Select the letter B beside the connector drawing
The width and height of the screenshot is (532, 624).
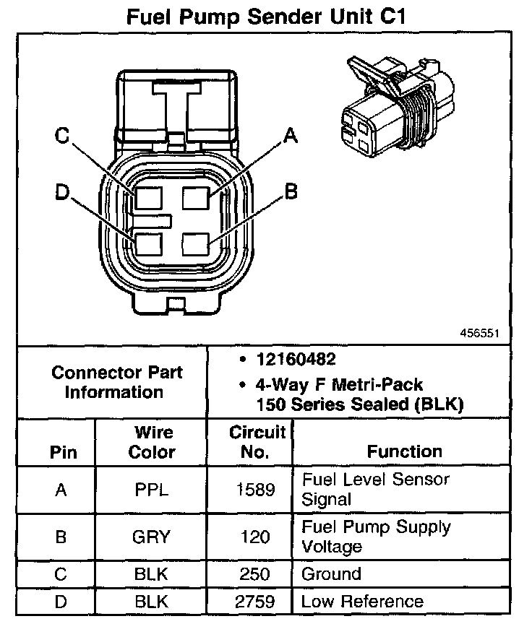click(290, 191)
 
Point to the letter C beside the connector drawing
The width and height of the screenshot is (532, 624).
click(62, 135)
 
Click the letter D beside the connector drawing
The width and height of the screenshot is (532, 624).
click(62, 191)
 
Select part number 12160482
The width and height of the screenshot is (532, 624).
click(286, 359)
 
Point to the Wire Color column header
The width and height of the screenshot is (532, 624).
click(152, 442)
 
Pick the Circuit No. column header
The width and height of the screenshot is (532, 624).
click(257, 442)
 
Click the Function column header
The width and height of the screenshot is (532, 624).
click(404, 451)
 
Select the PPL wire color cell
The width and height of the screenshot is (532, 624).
click(152, 490)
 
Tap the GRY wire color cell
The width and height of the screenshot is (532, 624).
click(152, 537)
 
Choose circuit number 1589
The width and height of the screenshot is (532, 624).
click(257, 490)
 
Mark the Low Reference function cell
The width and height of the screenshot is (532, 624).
click(361, 601)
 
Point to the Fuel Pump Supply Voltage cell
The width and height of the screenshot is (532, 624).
click(375, 537)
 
